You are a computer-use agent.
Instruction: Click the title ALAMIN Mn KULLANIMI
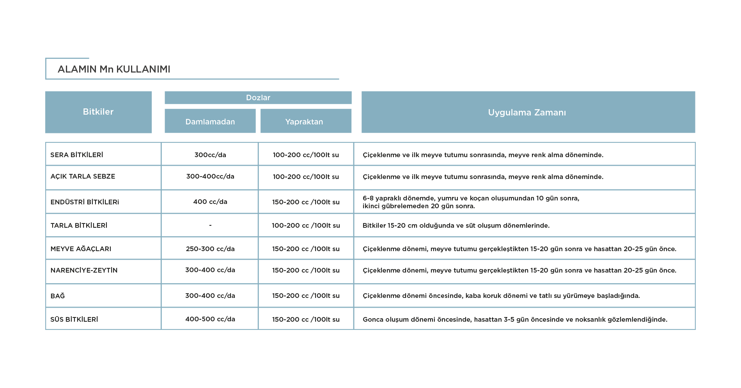tap(114, 69)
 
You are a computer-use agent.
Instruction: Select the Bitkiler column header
tap(98, 112)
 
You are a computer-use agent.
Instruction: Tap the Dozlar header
tap(258, 97)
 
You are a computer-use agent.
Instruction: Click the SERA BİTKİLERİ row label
tap(77, 155)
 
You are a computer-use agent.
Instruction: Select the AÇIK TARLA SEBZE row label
tap(83, 176)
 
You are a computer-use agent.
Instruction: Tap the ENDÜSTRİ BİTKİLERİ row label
tap(85, 202)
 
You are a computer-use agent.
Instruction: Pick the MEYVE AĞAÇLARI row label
tap(81, 249)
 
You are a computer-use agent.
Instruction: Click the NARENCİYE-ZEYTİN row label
tap(84, 270)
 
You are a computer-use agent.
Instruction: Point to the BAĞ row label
tap(58, 296)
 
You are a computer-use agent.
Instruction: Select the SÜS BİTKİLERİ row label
tap(74, 319)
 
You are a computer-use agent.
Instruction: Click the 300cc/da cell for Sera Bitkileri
tap(210, 155)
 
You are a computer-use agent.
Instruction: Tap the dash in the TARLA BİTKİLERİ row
tap(210, 225)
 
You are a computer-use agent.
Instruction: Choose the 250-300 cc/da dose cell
tap(210, 249)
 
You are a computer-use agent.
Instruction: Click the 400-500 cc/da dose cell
tap(210, 319)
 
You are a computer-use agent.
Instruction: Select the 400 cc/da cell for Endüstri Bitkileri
tap(210, 202)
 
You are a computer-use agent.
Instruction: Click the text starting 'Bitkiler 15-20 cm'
tap(456, 225)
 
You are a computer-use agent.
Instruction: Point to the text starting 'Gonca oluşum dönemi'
tap(515, 319)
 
